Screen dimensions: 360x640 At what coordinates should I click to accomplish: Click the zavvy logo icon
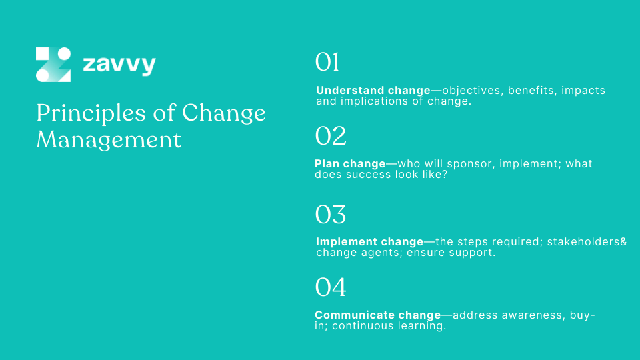(x=53, y=65)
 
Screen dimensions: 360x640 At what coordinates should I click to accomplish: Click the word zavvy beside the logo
(x=119, y=65)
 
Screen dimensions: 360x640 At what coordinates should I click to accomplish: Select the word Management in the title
(x=109, y=140)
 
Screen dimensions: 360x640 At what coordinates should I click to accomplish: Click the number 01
(x=327, y=63)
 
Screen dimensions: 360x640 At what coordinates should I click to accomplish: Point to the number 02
(x=331, y=136)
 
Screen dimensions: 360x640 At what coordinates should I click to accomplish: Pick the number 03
(x=331, y=215)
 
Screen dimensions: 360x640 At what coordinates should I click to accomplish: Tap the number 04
(x=331, y=287)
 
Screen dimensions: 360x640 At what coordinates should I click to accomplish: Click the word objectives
(x=472, y=91)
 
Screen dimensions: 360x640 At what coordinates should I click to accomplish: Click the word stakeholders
(x=583, y=242)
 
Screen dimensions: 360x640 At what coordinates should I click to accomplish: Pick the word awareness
(x=530, y=315)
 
